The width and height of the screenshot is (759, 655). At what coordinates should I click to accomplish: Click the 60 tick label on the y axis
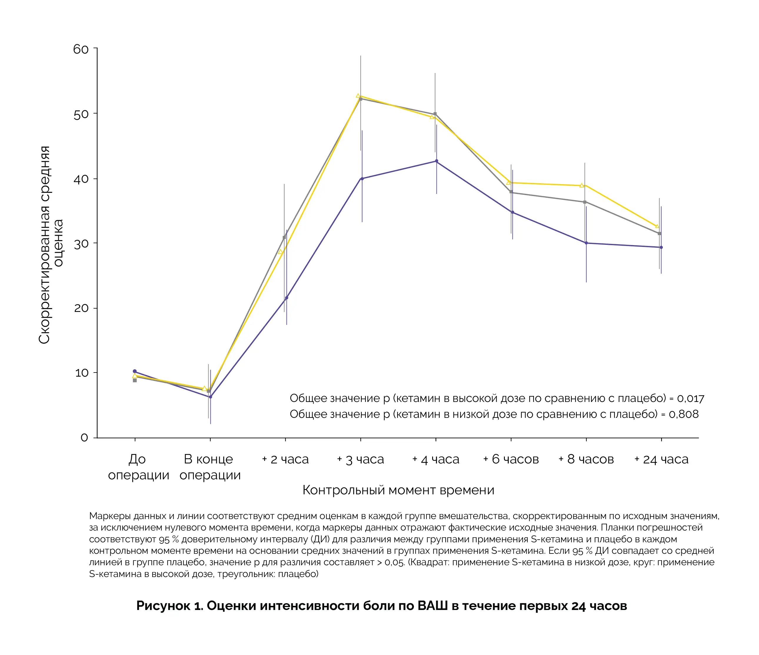pyautogui.click(x=81, y=49)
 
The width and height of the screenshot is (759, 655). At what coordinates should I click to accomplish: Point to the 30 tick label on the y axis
pyautogui.click(x=81, y=244)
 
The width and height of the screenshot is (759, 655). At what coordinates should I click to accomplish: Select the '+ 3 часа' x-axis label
pyautogui.click(x=360, y=459)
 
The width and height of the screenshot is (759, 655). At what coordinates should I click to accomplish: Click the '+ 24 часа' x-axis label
pyautogui.click(x=661, y=459)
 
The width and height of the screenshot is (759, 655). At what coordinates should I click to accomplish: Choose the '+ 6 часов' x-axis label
pyautogui.click(x=511, y=459)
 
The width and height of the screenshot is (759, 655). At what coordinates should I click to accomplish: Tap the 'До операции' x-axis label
pyautogui.click(x=138, y=467)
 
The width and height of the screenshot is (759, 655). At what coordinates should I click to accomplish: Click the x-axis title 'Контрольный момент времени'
pyautogui.click(x=398, y=490)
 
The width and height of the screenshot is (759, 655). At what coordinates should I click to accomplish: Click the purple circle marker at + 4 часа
pyautogui.click(x=436, y=161)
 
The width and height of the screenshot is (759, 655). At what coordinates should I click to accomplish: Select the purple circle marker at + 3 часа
pyautogui.click(x=362, y=179)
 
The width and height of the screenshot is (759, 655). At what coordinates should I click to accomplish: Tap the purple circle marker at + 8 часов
pyautogui.click(x=586, y=243)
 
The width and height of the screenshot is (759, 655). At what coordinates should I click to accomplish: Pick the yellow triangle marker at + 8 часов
pyautogui.click(x=582, y=185)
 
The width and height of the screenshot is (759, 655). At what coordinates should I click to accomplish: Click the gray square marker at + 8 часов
pyautogui.click(x=585, y=202)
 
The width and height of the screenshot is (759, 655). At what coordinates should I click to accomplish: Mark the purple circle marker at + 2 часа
pyautogui.click(x=287, y=298)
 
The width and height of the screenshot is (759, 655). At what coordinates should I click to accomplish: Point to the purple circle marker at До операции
pyautogui.click(x=135, y=371)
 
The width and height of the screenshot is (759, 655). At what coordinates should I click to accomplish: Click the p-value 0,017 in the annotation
pyautogui.click(x=690, y=398)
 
